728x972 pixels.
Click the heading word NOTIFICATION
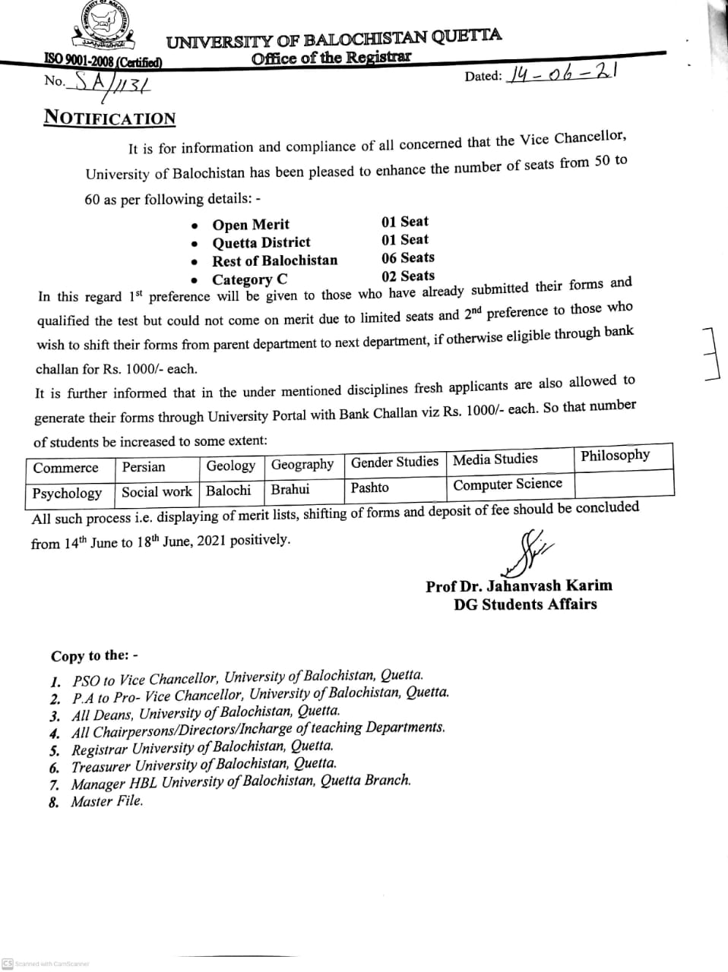(x=109, y=118)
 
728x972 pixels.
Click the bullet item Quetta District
(x=261, y=243)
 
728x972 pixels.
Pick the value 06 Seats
(x=408, y=258)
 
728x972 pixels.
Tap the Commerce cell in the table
(x=66, y=468)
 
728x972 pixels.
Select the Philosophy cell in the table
(x=616, y=456)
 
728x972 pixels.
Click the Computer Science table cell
(x=508, y=484)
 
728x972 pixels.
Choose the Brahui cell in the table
(x=290, y=490)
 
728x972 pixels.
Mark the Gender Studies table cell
(x=394, y=462)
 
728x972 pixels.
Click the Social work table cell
(x=157, y=492)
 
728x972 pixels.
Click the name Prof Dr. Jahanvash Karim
(x=519, y=586)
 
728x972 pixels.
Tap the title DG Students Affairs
(x=525, y=604)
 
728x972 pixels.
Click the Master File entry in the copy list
(x=106, y=801)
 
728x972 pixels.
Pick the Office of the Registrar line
(x=331, y=58)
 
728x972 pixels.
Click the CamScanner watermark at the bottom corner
(x=46, y=964)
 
